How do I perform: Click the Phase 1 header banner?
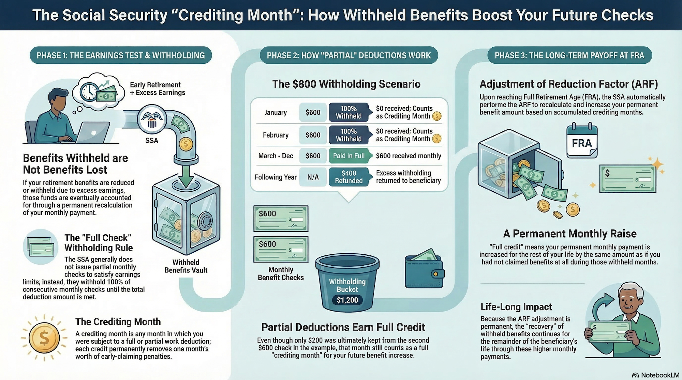point(121,56)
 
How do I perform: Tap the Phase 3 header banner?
point(569,56)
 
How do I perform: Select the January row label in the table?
point(276,112)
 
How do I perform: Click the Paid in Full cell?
point(349,156)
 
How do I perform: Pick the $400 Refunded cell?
point(349,177)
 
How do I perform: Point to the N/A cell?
point(313,177)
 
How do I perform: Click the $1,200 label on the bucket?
point(347,300)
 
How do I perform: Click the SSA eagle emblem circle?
point(151,119)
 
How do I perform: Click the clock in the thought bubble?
point(89,91)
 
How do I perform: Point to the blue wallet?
point(424,272)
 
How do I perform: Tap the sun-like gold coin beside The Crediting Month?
point(44,338)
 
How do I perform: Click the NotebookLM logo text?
point(659,375)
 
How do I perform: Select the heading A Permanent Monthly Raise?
point(569,234)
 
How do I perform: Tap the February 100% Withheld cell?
point(349,135)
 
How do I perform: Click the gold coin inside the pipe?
point(186,144)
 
